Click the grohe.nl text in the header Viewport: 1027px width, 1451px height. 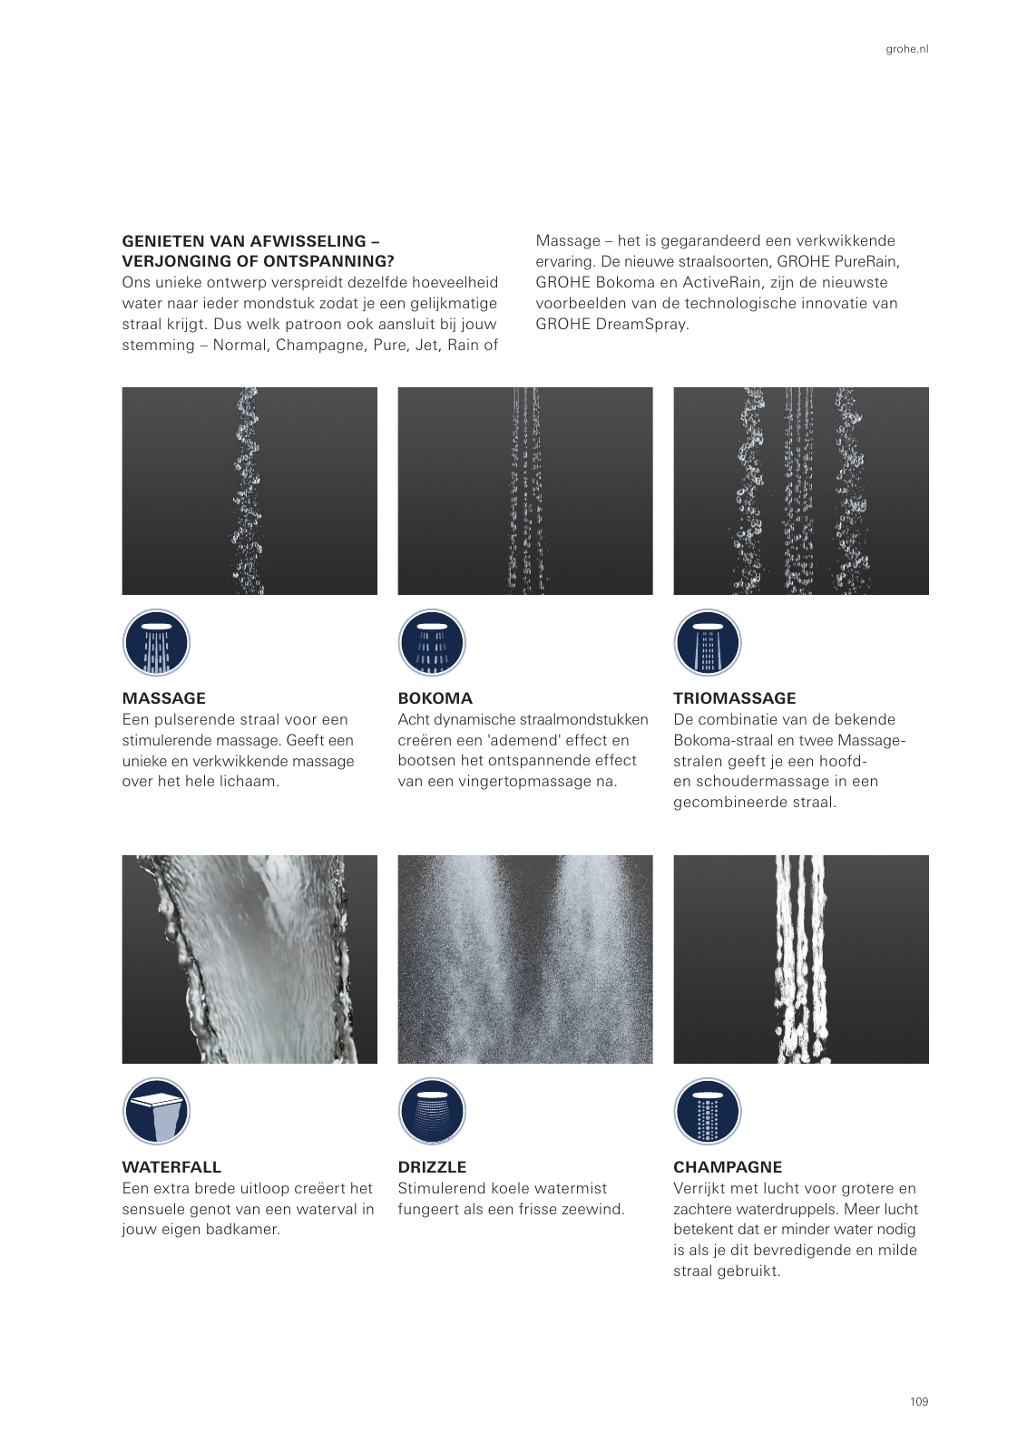coord(906,49)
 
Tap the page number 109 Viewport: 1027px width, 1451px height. coord(918,1401)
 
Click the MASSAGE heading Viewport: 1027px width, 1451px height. coord(163,698)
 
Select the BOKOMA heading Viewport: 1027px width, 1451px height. coord(435,698)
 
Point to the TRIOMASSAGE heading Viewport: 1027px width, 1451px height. coord(734,698)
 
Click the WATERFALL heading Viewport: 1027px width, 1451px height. coord(171,1167)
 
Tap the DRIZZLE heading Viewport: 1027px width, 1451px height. coord(432,1167)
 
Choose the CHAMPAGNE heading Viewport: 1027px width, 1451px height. coord(727,1167)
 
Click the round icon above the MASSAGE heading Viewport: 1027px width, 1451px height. coord(156,643)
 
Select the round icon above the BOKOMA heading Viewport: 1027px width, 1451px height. coord(432,643)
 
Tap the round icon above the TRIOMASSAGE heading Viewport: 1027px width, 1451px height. coord(708,643)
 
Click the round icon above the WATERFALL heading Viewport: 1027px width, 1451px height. coord(156,1112)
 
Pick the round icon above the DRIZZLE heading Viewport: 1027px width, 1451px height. coord(432,1112)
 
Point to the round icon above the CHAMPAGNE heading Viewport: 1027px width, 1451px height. coord(708,1112)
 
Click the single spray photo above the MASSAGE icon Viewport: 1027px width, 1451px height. coord(249,491)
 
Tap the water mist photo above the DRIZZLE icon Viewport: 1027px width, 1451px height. coord(524,959)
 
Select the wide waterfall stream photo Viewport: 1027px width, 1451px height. coord(249,959)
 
